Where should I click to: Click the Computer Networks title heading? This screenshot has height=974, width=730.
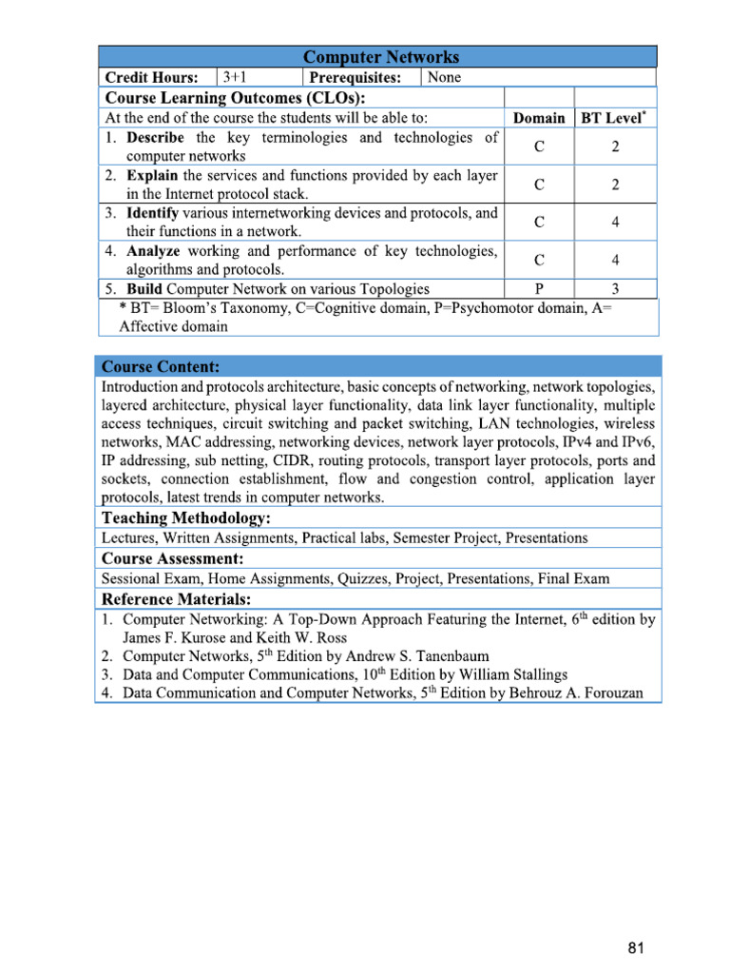tap(379, 57)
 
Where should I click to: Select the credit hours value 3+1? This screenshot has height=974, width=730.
tap(237, 77)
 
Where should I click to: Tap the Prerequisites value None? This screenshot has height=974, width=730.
tap(445, 77)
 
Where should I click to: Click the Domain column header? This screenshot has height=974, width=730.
tap(539, 118)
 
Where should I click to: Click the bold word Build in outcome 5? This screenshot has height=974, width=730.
tap(144, 289)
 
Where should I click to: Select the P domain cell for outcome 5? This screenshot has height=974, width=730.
tap(539, 289)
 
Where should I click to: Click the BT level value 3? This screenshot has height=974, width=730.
tap(615, 289)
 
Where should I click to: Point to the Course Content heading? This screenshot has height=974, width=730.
tap(161, 366)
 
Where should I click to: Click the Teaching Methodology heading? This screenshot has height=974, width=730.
tap(186, 518)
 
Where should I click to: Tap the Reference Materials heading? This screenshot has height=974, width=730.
tap(177, 599)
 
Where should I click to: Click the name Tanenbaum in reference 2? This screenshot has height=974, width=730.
tap(413, 656)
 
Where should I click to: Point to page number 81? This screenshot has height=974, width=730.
tap(637, 947)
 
